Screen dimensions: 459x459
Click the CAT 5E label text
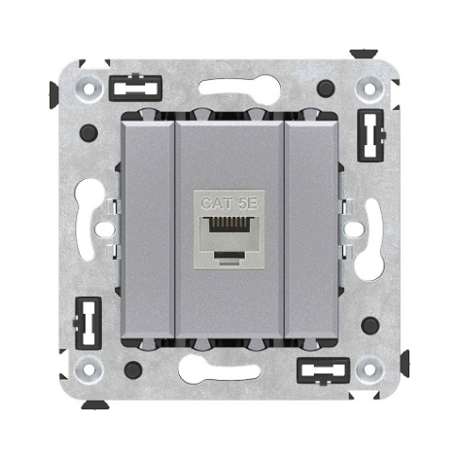point(229,203)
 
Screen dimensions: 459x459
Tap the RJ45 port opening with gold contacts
point(229,225)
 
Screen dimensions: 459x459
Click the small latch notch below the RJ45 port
point(229,256)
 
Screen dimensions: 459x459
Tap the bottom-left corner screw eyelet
point(88,370)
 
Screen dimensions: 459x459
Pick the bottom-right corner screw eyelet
point(370,370)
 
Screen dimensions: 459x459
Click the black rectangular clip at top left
point(135,88)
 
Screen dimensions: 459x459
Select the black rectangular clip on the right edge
point(371,135)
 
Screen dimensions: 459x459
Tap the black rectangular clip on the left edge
point(88,323)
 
